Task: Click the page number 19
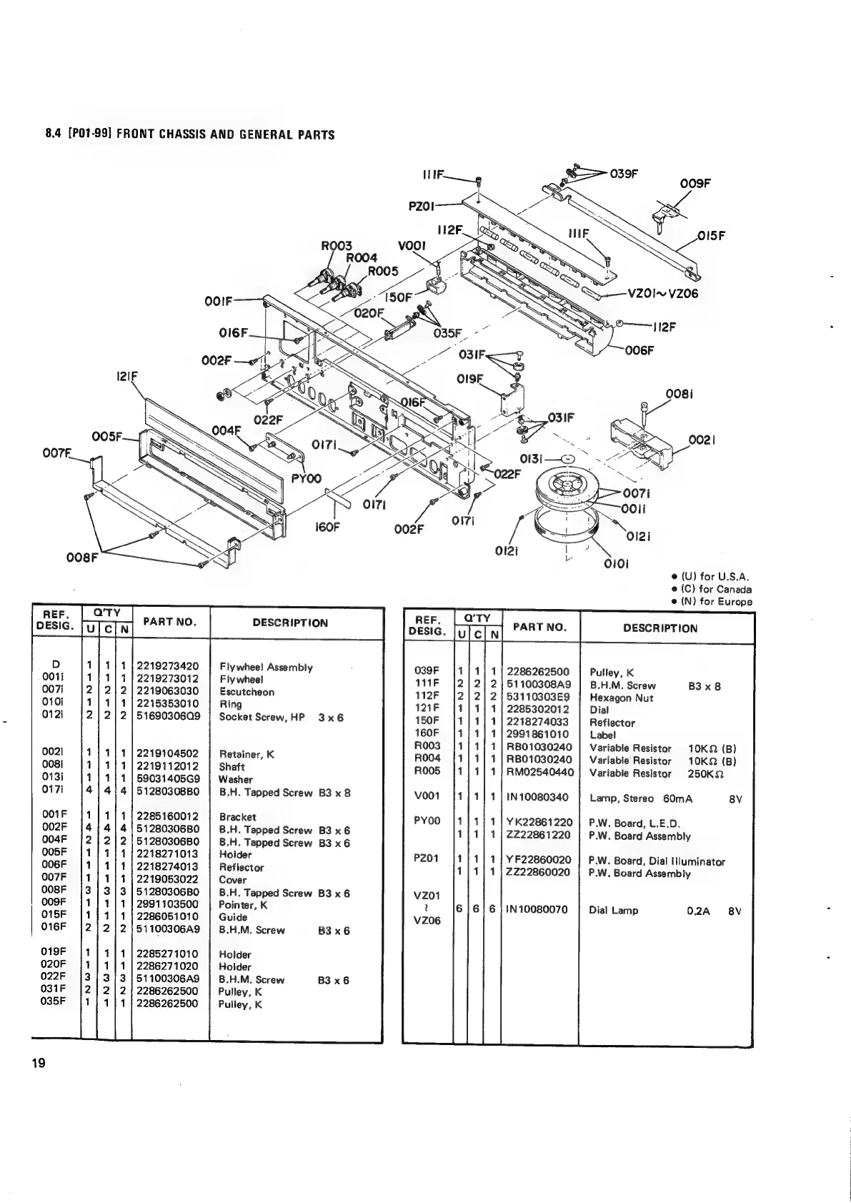pos(38,1063)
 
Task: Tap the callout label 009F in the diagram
pos(695,183)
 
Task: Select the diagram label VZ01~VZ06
pos(662,293)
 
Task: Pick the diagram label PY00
pos(307,477)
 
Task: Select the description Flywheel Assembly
pos(266,667)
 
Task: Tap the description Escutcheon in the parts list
pos(247,692)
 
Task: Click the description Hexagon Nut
pos(621,698)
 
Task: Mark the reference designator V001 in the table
pos(427,795)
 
